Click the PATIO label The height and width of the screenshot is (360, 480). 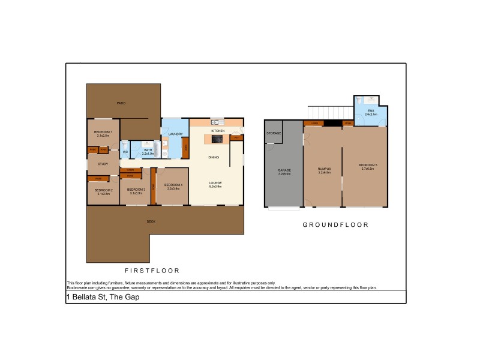point(121,103)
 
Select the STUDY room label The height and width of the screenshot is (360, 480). point(103,164)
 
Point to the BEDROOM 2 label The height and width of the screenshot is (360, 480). point(103,191)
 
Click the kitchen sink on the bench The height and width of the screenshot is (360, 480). point(214,123)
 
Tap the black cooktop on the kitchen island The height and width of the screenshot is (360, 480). point(217,139)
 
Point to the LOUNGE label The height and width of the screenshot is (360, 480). point(215,183)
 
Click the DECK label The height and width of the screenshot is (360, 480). point(151,221)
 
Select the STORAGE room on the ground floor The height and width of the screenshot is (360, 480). point(274,133)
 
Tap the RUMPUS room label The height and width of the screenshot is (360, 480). point(324,170)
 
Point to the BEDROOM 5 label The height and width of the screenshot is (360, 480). point(367,166)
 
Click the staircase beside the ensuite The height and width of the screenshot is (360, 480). point(329,112)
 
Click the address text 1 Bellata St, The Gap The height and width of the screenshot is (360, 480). point(102,297)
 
